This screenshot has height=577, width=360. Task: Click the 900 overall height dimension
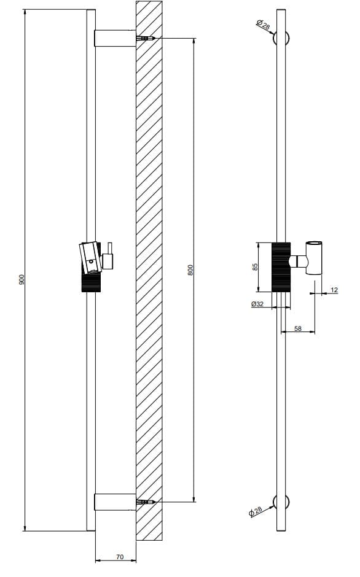tap(22, 279)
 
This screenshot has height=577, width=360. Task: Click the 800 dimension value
tap(190, 269)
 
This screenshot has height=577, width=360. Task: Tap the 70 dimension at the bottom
tap(120, 557)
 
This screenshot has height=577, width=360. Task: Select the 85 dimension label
tap(256, 267)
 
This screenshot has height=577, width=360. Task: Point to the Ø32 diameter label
tap(257, 304)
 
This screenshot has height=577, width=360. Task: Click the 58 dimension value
tap(298, 329)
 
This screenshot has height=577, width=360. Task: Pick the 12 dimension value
tap(334, 289)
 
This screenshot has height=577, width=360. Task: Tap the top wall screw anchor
tap(146, 39)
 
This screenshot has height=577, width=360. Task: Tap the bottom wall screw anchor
tap(146, 503)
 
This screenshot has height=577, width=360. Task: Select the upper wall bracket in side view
tap(114, 39)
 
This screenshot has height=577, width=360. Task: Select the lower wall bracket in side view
tap(114, 502)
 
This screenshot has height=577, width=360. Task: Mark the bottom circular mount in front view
tap(282, 503)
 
